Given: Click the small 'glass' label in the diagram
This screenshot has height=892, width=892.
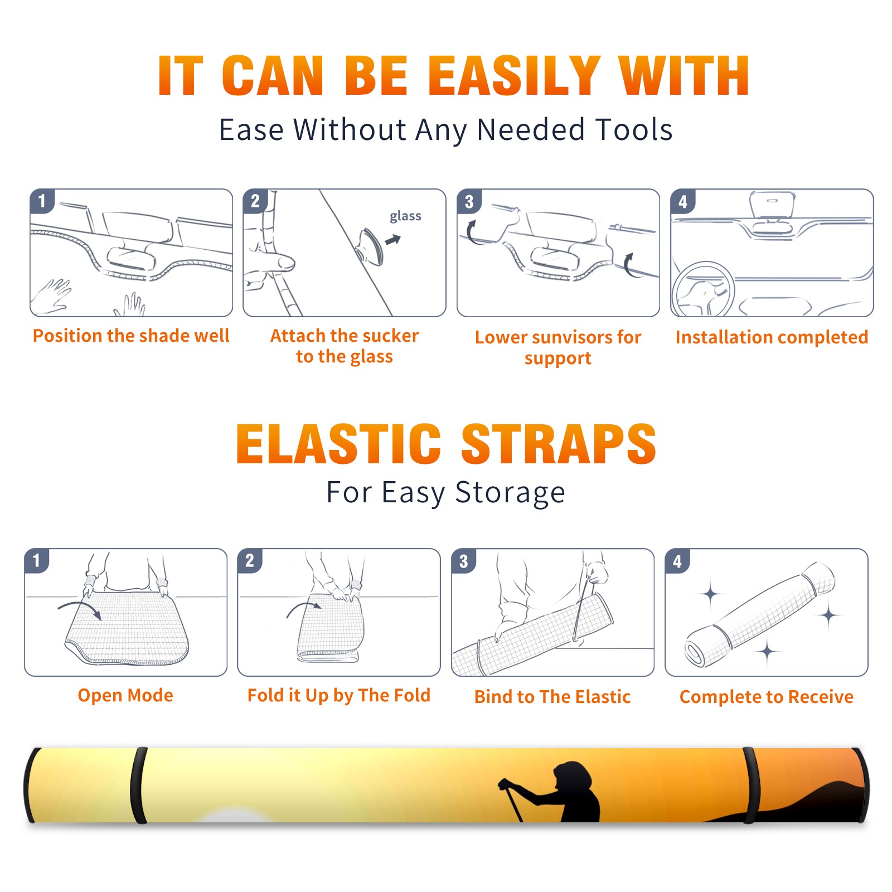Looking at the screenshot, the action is [405, 216].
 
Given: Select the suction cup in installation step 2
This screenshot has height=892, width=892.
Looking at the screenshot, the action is [371, 246].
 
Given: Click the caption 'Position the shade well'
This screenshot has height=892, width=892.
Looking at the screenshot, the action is [131, 336].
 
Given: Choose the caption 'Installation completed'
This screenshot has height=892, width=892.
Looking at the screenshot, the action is [772, 337].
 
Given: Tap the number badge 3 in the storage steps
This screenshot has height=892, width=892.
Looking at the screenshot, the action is [464, 561].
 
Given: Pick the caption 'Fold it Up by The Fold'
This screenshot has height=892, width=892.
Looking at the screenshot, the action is [339, 696].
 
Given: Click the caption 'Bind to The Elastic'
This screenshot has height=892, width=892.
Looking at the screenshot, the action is [552, 697].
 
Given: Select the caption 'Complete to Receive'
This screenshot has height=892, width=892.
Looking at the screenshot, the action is [767, 697].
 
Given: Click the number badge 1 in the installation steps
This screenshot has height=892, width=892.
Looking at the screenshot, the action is [42, 201].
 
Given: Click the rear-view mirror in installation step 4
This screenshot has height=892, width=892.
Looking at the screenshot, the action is [772, 204].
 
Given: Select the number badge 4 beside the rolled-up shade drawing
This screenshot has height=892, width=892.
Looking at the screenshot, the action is [677, 561].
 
